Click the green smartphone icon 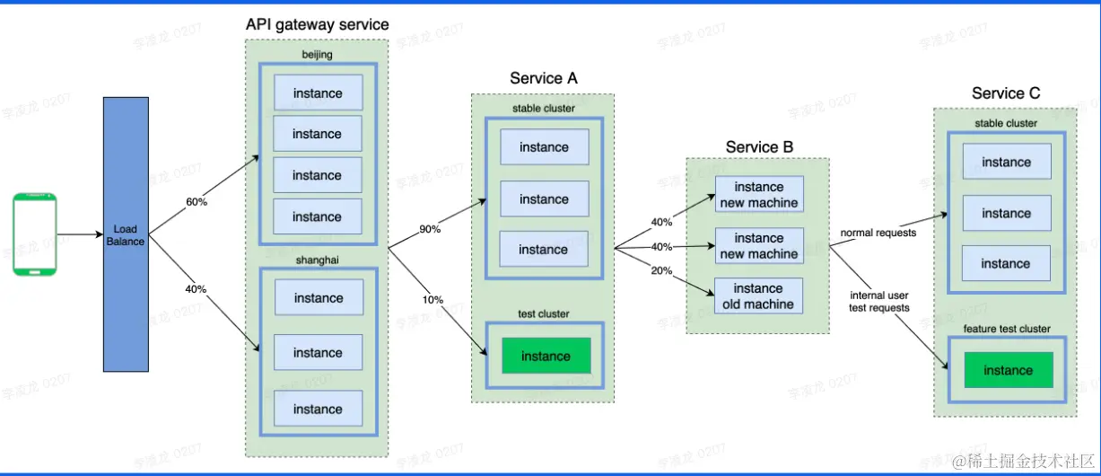pyautogui.click(x=35, y=235)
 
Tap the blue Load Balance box pyautogui.click(x=126, y=234)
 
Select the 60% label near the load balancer pyautogui.click(x=197, y=202)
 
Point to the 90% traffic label pyautogui.click(x=430, y=229)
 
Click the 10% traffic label pyautogui.click(x=432, y=299)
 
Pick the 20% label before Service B pyautogui.click(x=661, y=271)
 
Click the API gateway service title pyautogui.click(x=318, y=24)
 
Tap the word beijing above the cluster pyautogui.click(x=317, y=55)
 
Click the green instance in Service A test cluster pyautogui.click(x=546, y=356)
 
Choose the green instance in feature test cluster pyautogui.click(x=1008, y=370)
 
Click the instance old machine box pyautogui.click(x=758, y=296)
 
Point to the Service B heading pyautogui.click(x=759, y=147)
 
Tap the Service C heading pyautogui.click(x=1006, y=93)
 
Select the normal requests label pyautogui.click(x=878, y=234)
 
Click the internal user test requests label pyautogui.click(x=879, y=301)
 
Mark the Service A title pyautogui.click(x=543, y=78)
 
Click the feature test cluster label pyautogui.click(x=1005, y=329)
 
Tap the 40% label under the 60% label pyautogui.click(x=196, y=289)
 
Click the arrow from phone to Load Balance pyautogui.click(x=80, y=235)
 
